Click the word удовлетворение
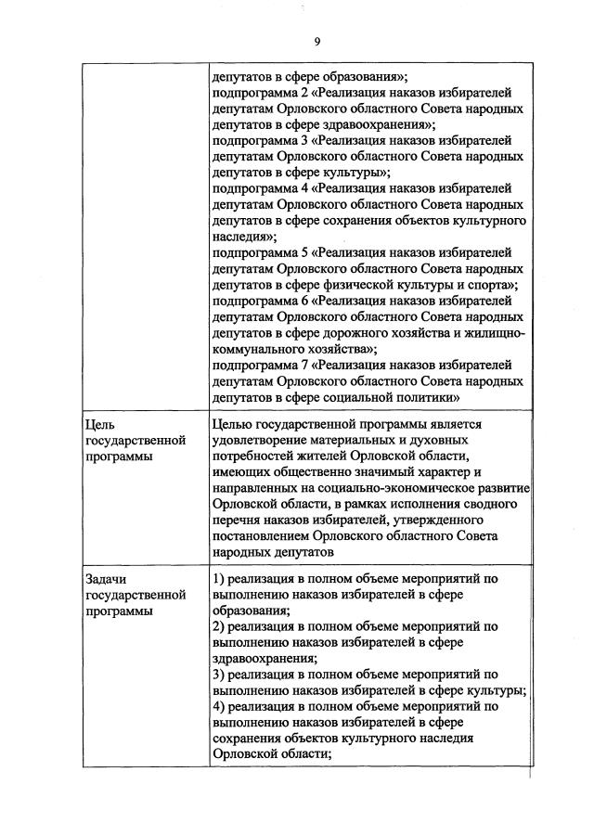pos(260,440)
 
